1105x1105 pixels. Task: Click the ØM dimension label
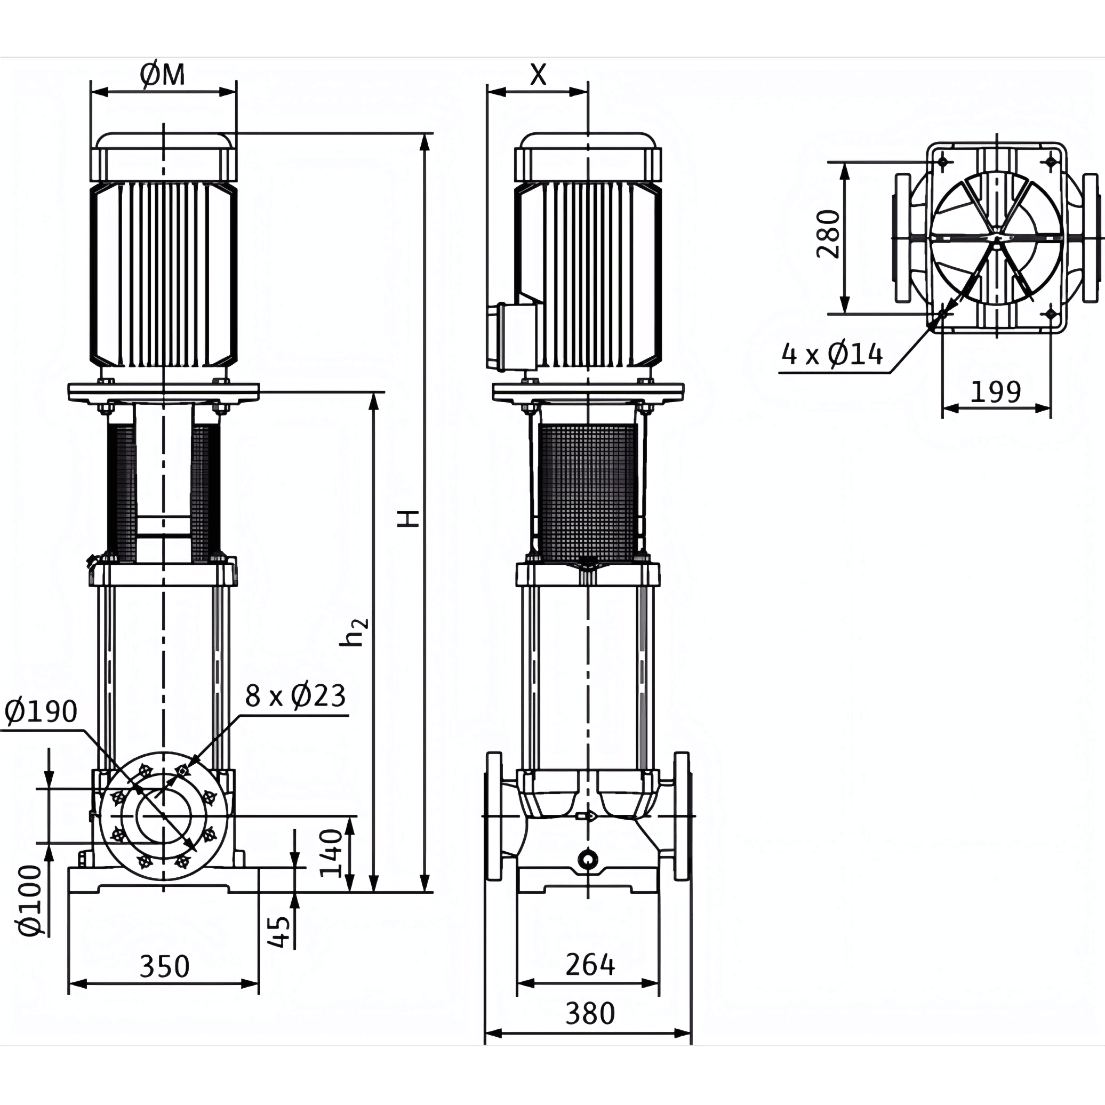(163, 75)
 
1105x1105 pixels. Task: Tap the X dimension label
(538, 74)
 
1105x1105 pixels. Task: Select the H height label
(410, 519)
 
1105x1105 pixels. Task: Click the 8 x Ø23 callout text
(295, 696)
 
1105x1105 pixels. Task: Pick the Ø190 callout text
(41, 711)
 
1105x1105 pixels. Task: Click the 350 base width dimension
(164, 966)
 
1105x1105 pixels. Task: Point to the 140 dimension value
(331, 854)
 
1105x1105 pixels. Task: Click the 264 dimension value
(590, 965)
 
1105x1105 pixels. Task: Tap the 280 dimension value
(828, 234)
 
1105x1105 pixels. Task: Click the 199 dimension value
(996, 392)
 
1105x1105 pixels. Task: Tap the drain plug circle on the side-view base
(587, 859)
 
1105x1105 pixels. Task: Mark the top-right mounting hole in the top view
(1051, 162)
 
